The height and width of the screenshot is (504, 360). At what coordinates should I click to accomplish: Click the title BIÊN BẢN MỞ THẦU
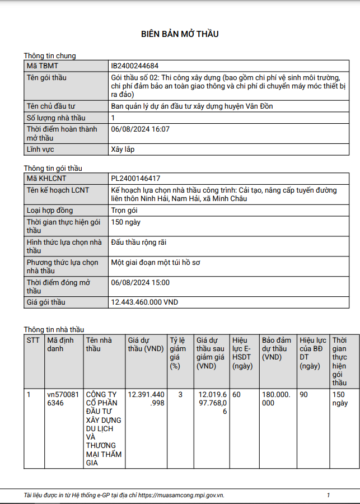(180, 34)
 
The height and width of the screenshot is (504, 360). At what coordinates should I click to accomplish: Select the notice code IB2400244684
(138, 66)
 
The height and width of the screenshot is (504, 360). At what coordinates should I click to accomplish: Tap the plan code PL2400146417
(136, 179)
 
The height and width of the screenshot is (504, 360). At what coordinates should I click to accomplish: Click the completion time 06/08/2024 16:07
(140, 129)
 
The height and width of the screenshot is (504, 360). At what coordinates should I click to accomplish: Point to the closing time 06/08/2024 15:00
(140, 282)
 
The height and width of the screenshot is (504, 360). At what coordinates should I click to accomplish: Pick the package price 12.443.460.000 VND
(144, 302)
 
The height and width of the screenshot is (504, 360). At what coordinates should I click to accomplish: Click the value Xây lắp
(123, 150)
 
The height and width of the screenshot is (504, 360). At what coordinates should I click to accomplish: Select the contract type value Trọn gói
(124, 211)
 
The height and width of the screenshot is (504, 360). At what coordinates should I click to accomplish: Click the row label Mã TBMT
(43, 66)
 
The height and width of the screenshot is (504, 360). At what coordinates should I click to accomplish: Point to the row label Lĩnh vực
(44, 150)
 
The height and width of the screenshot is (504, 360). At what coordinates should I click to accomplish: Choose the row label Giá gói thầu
(46, 302)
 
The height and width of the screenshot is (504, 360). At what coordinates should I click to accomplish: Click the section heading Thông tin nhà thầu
(54, 329)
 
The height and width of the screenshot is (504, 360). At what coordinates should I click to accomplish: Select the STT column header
(33, 340)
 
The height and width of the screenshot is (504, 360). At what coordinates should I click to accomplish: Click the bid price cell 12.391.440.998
(146, 399)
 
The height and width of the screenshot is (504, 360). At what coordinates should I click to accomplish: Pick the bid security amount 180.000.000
(277, 399)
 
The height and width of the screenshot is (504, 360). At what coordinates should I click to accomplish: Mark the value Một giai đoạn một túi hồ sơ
(159, 262)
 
